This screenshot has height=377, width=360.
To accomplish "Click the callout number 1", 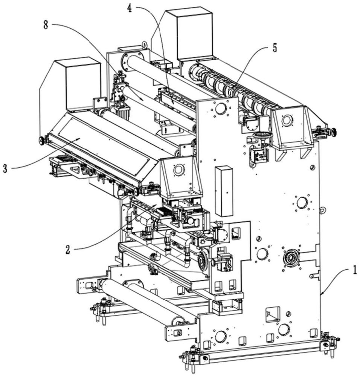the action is pos(354,270).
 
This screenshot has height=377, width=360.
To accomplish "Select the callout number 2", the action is pos(68,250).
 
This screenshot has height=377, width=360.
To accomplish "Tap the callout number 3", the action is pos(5,168).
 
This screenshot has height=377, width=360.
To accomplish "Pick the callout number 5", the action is pos(275,48).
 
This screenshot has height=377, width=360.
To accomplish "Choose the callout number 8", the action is pos(46,25).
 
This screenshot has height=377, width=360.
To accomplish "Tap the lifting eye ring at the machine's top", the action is pos(144,45).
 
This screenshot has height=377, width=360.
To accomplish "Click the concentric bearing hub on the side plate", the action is pos(291,258).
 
